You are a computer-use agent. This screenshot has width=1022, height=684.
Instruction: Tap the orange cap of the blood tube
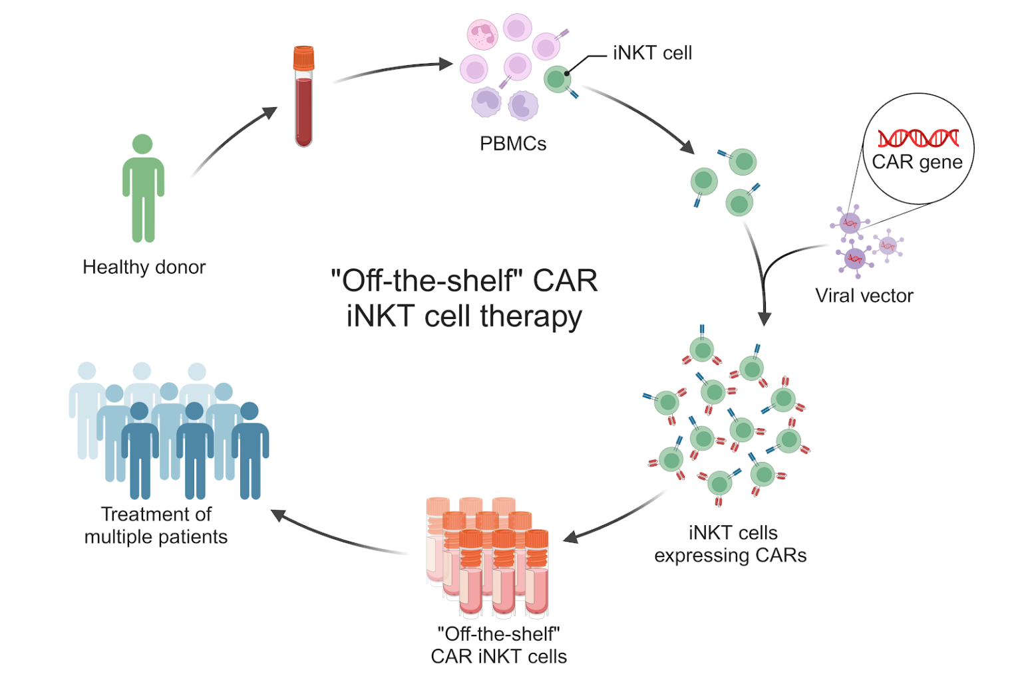point(303,58)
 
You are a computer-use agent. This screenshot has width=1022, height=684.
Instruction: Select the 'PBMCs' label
point(512,144)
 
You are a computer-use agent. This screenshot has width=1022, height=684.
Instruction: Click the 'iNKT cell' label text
point(652,53)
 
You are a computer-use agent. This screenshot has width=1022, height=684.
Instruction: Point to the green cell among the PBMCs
point(557,80)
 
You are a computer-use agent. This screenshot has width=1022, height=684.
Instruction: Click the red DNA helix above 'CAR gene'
point(918,138)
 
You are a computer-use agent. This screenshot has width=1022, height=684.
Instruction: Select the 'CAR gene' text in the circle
point(917,162)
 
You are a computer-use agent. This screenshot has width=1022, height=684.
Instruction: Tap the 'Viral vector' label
point(864,296)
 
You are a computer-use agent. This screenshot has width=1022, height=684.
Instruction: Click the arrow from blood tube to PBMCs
point(393,69)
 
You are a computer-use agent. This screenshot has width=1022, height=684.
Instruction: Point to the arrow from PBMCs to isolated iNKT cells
point(639,116)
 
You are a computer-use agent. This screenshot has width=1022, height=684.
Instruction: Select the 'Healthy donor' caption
point(144,267)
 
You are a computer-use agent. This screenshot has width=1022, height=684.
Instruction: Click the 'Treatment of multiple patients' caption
point(156,526)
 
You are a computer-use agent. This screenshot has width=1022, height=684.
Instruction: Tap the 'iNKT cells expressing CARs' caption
point(731,544)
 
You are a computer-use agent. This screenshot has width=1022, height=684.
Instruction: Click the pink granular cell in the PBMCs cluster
point(482,35)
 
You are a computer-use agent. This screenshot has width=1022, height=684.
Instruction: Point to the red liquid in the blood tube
point(303,110)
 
